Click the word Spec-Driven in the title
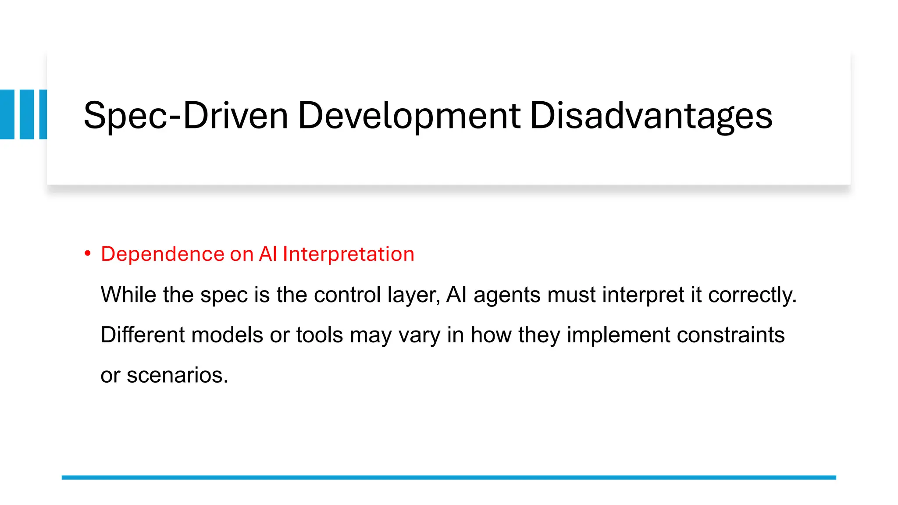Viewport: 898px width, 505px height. coord(185,116)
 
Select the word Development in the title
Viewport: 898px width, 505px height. coord(409,116)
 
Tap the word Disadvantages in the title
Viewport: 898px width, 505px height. coord(651,116)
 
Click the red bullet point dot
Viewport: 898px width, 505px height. coord(88,253)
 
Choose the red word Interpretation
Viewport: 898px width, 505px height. coord(348,254)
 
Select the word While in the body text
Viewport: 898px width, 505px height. coord(128,294)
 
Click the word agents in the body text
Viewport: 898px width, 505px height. coord(506,295)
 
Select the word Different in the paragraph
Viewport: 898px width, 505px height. coord(143,334)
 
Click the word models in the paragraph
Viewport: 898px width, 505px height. coord(227,334)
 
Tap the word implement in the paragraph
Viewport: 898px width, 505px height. coord(618,335)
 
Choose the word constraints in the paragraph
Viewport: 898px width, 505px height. coord(731,334)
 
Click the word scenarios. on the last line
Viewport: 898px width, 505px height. coord(178,375)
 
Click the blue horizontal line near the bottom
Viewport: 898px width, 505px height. coord(449,477)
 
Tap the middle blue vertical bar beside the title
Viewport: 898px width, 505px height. coord(27,114)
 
